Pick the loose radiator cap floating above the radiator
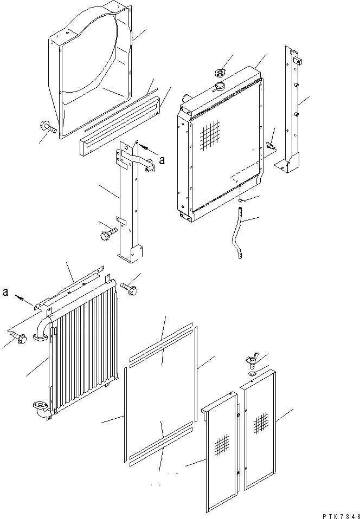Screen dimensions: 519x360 [220, 74]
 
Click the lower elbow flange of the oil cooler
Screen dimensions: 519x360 [39, 406]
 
